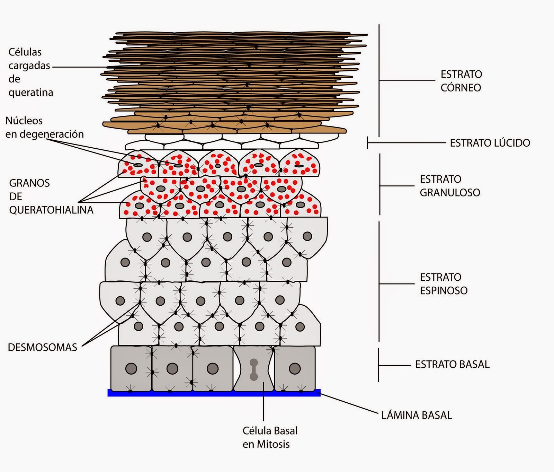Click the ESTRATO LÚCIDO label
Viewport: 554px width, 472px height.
point(490,143)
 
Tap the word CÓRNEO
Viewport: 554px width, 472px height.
point(461,88)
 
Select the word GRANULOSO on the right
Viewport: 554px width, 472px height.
point(450,193)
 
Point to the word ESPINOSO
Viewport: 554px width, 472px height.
point(444,290)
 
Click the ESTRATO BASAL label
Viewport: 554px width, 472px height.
point(452,365)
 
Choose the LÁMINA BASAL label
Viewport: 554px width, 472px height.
point(417,415)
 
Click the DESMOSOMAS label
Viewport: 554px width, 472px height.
point(42,347)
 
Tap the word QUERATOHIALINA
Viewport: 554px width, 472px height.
point(51,210)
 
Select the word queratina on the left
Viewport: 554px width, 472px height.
point(30,93)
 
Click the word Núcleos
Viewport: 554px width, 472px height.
point(24,121)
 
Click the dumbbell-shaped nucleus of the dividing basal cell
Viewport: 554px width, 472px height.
point(254,369)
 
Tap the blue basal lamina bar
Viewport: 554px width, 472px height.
point(214,393)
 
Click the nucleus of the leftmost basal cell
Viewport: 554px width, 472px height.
point(131,368)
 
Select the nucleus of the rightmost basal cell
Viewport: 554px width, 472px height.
point(295,368)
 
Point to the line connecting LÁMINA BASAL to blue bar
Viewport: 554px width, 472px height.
point(350,403)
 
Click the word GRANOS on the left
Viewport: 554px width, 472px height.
point(29,183)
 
